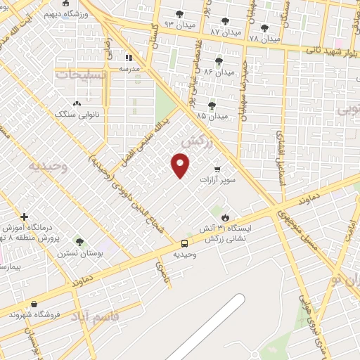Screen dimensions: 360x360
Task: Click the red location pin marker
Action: pyautogui.click(x=181, y=165)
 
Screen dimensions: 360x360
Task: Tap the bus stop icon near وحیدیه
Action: pyautogui.click(x=184, y=243)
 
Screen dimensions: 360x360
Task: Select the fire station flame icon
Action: pyautogui.click(x=225, y=217)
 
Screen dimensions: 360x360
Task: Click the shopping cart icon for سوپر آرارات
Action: pyautogui.click(x=217, y=169)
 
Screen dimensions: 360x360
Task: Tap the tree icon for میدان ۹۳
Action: pyautogui.click(x=179, y=13)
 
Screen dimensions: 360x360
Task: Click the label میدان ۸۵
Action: pyautogui.click(x=212, y=115)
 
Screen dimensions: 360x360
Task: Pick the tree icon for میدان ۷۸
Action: pyautogui.click(x=264, y=28)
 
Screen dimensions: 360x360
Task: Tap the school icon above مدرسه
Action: pyautogui.click(x=129, y=58)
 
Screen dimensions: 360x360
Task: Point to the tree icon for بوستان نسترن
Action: pyautogui.click(x=79, y=241)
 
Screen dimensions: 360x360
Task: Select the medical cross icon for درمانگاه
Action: pyautogui.click(x=24, y=217)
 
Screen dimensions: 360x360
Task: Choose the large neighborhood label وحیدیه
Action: pyautogui.click(x=47, y=167)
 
